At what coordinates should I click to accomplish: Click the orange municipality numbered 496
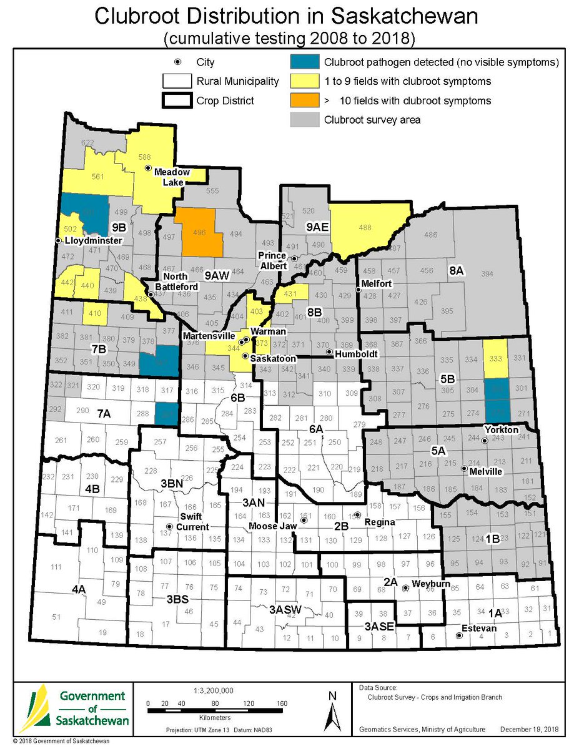(199, 232)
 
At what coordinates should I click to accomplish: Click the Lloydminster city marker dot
(58, 240)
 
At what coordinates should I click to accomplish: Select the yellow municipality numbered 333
(496, 359)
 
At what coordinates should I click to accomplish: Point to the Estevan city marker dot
(459, 636)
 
